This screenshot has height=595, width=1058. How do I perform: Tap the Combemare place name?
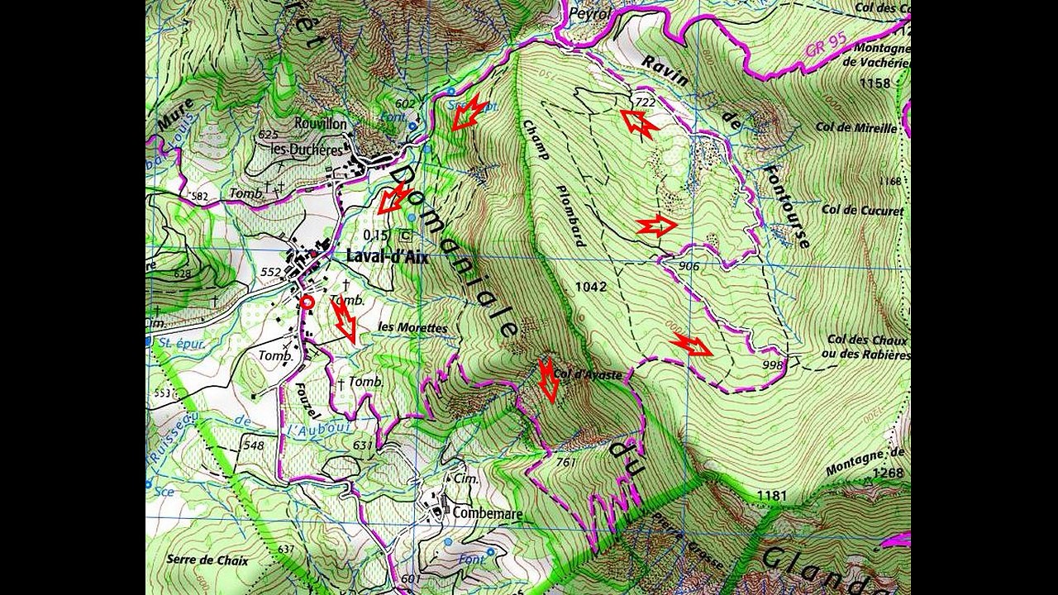487,513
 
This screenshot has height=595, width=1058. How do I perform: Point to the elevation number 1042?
591,288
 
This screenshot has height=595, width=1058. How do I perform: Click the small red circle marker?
307,302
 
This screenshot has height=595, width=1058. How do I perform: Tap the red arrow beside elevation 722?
639,124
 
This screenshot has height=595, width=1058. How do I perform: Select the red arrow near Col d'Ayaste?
548,380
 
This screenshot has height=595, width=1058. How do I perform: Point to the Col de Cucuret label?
862,211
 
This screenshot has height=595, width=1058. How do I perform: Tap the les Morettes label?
412,328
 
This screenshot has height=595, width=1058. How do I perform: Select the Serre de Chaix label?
207,559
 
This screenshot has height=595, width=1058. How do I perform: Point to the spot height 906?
689,266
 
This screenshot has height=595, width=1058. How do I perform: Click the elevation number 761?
566,463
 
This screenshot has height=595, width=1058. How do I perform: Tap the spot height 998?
772,364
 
